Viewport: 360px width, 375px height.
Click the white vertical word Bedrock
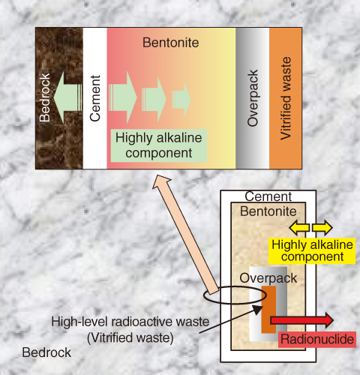[45, 97]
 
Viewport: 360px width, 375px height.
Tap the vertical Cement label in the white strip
[95, 98]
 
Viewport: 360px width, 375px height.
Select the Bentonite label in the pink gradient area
[171, 43]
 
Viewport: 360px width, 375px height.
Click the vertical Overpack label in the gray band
[253, 98]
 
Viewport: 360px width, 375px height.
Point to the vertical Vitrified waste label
[286, 98]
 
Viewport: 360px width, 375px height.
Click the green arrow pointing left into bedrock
[68, 97]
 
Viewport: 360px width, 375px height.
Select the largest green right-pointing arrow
[123, 97]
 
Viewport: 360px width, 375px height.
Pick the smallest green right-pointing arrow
[181, 99]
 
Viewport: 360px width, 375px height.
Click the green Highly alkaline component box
[159, 145]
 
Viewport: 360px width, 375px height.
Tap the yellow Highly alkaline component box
[312, 251]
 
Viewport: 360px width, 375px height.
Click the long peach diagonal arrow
[185, 235]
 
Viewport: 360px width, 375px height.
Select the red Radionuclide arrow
[302, 320]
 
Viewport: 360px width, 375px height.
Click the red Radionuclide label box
[317, 340]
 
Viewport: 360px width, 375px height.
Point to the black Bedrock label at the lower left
[46, 352]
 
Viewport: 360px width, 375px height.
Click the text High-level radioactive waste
[130, 322]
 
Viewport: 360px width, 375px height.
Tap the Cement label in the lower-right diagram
[268, 196]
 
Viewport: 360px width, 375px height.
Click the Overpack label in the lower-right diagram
[268, 278]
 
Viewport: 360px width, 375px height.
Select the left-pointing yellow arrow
[299, 227]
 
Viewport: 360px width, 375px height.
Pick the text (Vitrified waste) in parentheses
[130, 338]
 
